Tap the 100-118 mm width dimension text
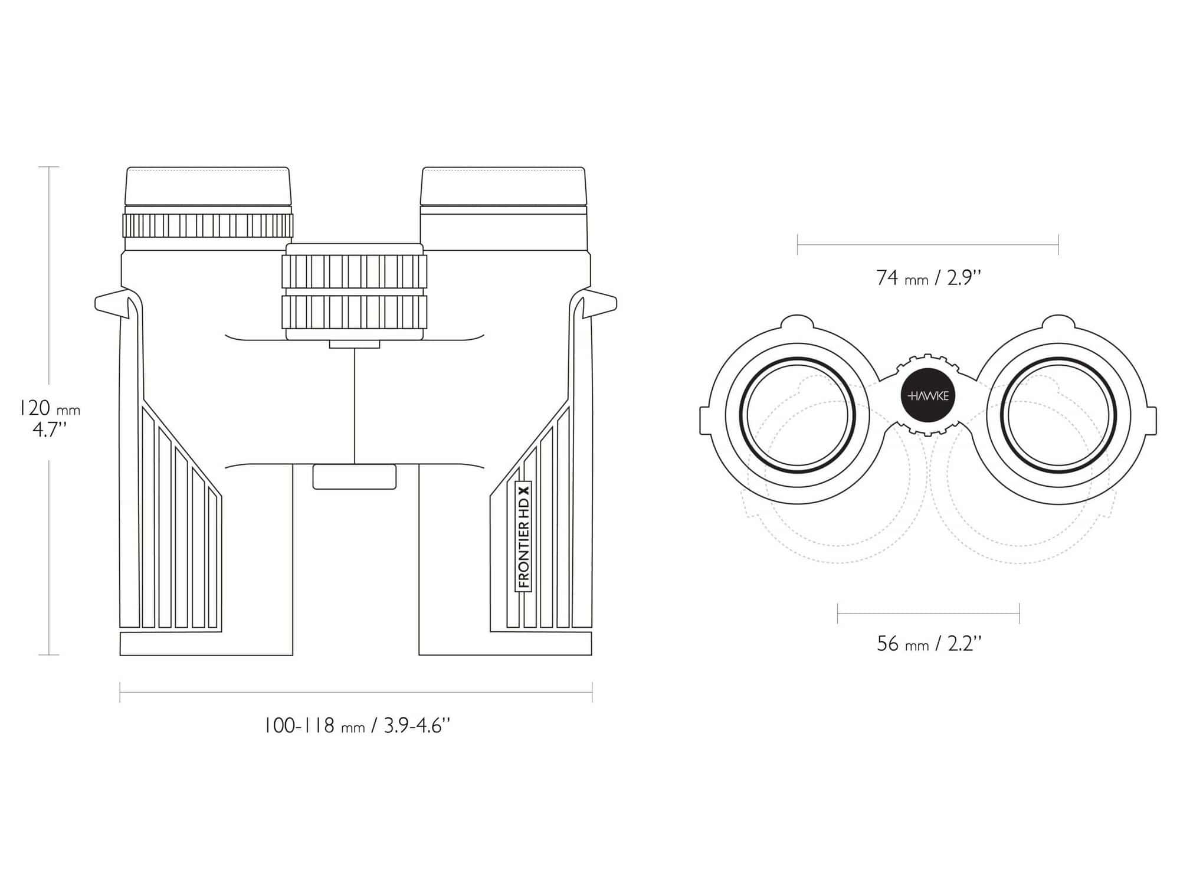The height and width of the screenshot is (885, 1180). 357,725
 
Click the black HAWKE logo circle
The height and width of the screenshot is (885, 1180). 929,395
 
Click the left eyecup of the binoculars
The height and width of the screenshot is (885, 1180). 208,186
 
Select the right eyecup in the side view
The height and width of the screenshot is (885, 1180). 503,186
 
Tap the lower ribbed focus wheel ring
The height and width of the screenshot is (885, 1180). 354,312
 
